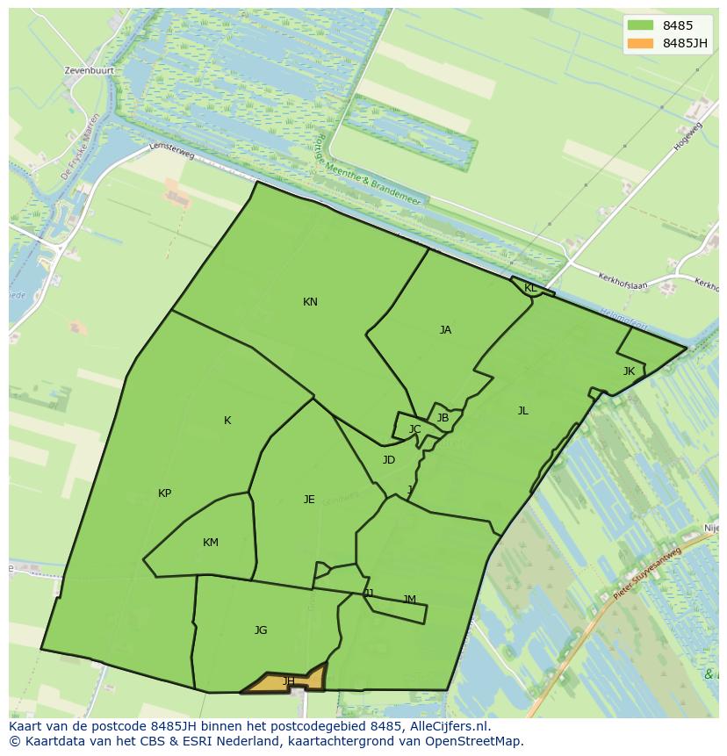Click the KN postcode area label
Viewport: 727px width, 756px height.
310,302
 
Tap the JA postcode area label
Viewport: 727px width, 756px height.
445,330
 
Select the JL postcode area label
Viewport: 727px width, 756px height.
522,410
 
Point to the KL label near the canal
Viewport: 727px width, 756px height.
530,288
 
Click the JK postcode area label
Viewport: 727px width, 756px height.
629,371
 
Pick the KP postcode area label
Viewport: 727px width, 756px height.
164,493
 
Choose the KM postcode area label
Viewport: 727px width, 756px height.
210,543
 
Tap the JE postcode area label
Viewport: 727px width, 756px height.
309,500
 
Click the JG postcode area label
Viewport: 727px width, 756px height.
261,630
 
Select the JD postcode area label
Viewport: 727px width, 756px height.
389,460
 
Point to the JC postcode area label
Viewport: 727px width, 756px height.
414,429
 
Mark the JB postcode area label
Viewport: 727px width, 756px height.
443,418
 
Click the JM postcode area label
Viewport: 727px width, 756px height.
409,600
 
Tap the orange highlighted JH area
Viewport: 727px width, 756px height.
288,681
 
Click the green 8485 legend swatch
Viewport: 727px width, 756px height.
641,25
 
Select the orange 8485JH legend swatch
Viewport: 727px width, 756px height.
641,43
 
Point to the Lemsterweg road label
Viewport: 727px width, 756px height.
171,152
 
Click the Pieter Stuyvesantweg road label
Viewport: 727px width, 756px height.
647,574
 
